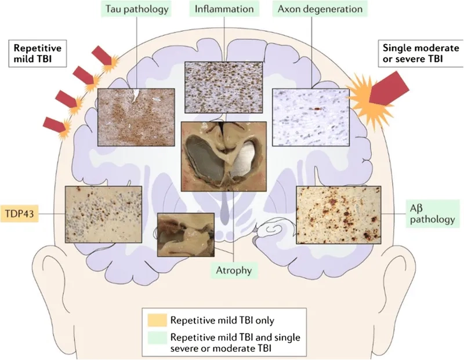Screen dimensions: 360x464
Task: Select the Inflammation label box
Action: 223,9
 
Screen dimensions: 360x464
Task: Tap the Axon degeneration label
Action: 319,9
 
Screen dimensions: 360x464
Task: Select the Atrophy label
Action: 233,269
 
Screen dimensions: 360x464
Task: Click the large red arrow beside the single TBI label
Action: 390,90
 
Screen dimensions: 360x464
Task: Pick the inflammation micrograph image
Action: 223,88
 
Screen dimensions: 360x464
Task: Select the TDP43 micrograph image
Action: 103,214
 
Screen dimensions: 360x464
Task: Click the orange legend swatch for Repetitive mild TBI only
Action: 157,319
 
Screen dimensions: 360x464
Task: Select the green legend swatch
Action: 157,338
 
